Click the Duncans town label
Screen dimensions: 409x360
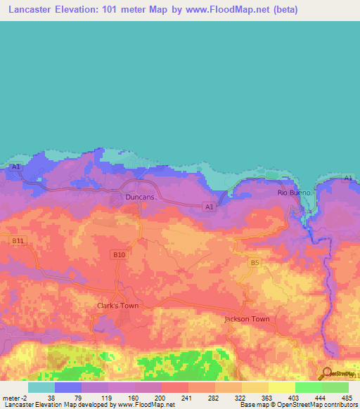(139, 197)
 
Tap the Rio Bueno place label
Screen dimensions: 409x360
(292, 192)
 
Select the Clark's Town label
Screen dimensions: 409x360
(117, 306)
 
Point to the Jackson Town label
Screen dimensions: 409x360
(247, 319)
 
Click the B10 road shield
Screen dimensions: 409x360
(119, 254)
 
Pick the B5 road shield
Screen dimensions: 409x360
(255, 263)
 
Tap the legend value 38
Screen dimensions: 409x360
(51, 398)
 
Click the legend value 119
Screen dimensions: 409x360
(106, 398)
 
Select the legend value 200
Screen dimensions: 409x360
(161, 398)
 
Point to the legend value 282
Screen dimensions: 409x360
(214, 398)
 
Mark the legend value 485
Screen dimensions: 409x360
(347, 398)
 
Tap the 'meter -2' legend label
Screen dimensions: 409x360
(13, 398)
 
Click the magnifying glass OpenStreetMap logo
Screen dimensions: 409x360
(326, 374)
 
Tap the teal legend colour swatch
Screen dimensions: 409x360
(41, 387)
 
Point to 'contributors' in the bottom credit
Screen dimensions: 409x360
(340, 405)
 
